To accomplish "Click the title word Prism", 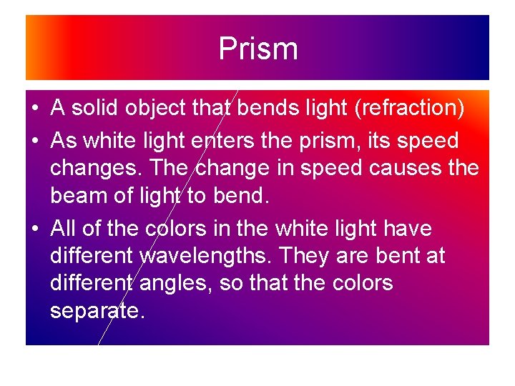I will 257,49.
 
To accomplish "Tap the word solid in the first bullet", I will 97,109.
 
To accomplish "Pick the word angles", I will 174,284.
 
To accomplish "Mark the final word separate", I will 97,311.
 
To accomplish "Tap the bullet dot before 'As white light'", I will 34,142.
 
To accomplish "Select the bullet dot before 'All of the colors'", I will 34,229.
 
